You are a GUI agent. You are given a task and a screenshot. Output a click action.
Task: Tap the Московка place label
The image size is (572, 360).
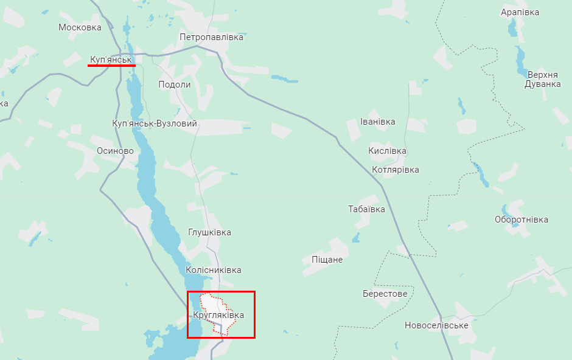[x=80, y=27]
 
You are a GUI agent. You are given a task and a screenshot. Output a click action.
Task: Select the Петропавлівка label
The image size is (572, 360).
[x=211, y=37]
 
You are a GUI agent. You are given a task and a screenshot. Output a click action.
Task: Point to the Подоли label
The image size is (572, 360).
[x=174, y=85]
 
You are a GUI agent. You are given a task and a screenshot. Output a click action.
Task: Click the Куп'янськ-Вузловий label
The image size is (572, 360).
[x=155, y=123]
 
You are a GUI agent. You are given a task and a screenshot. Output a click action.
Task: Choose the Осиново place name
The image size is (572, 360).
[x=115, y=151]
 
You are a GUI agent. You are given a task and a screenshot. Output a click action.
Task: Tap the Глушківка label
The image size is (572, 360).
[x=209, y=232]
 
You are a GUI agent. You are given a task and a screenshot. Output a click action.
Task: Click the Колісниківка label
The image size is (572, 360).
[x=213, y=270]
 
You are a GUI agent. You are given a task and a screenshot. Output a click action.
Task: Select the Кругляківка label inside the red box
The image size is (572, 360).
[x=218, y=315]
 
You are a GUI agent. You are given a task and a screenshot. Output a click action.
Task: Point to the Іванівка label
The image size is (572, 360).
[x=377, y=122]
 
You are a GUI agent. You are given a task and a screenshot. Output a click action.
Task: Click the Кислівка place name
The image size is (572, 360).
[x=387, y=151]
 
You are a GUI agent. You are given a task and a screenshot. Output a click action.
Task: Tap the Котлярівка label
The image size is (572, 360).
[x=395, y=170]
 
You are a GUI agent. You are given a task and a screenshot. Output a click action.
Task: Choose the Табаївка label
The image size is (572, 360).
[x=366, y=209]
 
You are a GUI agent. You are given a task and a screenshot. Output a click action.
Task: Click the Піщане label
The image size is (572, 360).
[x=327, y=260]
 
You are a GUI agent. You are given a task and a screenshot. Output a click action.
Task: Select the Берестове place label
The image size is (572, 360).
[x=385, y=294]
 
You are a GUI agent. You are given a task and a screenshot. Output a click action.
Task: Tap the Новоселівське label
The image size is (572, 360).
[x=436, y=325]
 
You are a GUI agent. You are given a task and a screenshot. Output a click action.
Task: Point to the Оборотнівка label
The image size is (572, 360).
[x=521, y=220]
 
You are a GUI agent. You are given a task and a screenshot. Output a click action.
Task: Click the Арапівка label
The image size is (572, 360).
[x=520, y=12]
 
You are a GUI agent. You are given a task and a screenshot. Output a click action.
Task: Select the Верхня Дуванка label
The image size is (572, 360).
[x=542, y=79]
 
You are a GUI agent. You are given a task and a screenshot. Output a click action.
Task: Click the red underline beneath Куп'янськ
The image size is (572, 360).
[x=107, y=65]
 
